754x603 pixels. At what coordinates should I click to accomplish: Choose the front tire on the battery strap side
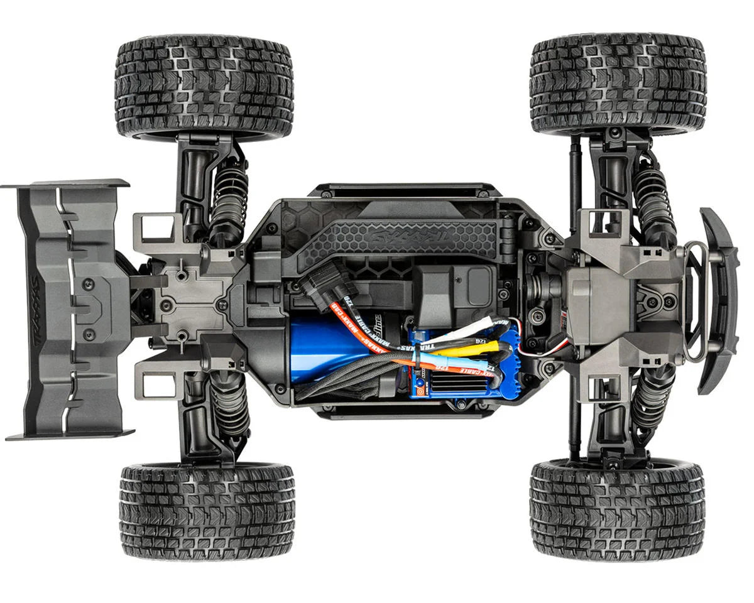pos(619,85)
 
